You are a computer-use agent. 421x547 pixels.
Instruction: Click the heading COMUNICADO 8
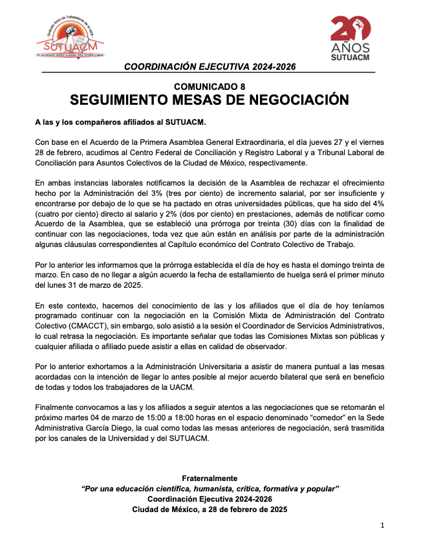tap(210, 87)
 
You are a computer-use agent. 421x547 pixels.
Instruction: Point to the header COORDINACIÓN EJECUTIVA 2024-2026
tap(210, 67)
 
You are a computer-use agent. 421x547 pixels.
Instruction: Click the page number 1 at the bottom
tap(382, 526)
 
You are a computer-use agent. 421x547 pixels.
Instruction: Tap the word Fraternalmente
tap(210, 478)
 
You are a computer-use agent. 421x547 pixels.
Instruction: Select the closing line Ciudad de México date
tap(210, 509)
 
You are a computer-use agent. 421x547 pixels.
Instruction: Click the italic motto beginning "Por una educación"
tap(210, 488)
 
